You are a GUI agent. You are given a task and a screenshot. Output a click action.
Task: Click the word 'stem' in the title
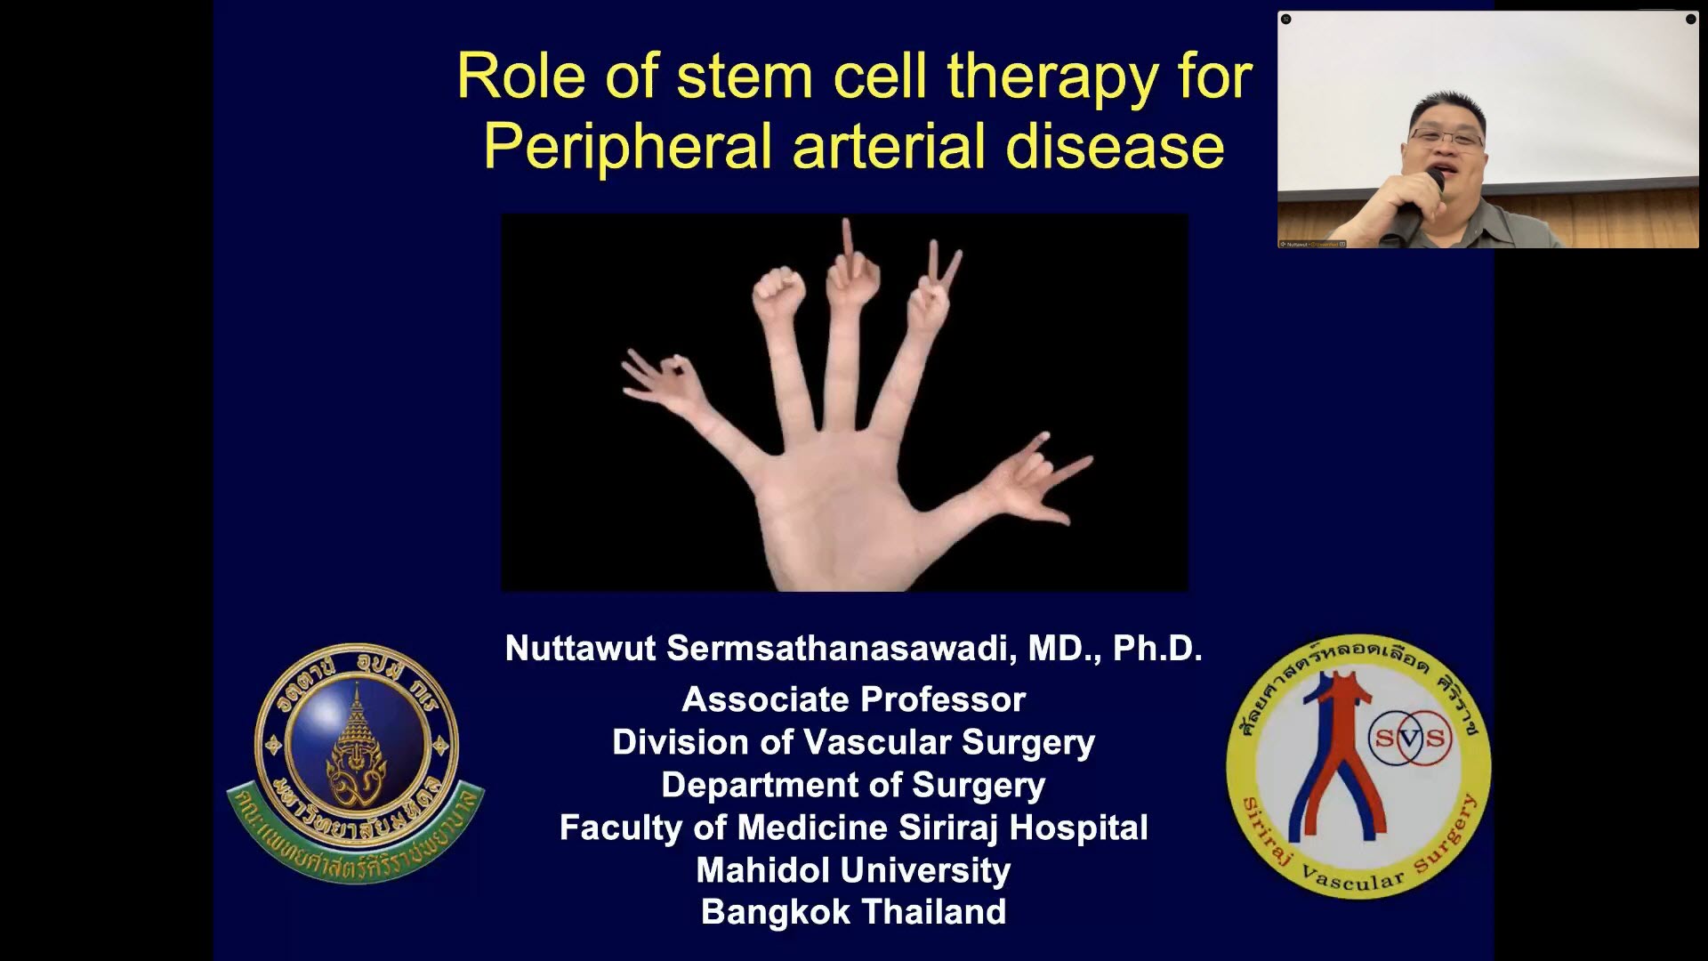coord(744,77)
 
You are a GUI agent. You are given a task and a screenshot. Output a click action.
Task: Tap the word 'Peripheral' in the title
coord(627,147)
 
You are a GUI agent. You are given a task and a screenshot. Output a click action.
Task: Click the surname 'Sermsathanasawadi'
coord(840,649)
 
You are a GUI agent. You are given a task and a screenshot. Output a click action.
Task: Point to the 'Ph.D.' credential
coord(1157,649)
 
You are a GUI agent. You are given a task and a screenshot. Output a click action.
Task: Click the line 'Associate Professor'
coord(853,699)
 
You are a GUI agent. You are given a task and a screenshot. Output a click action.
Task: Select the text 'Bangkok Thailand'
coord(853,912)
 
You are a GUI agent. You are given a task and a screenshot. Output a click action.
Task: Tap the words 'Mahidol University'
coord(853,869)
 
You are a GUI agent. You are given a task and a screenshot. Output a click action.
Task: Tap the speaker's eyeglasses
coord(1446,138)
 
